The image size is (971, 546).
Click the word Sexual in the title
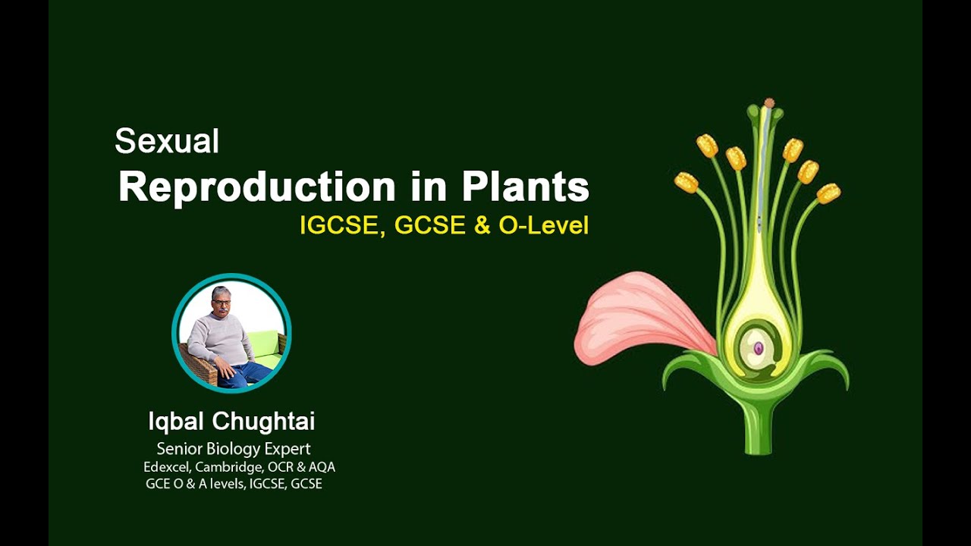(167, 141)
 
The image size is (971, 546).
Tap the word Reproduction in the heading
(257, 187)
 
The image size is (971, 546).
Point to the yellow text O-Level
(544, 225)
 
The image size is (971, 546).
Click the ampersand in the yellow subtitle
(482, 226)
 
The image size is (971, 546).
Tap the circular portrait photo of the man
(231, 333)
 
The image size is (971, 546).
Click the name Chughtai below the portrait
(263, 421)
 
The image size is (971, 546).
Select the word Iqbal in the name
(176, 421)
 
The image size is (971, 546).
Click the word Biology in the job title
(234, 449)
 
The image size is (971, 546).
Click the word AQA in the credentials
(322, 467)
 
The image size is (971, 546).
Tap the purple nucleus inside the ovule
(758, 348)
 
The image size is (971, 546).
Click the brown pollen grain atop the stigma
(769, 103)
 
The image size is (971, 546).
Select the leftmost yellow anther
(687, 183)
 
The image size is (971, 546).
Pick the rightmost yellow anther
(828, 193)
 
